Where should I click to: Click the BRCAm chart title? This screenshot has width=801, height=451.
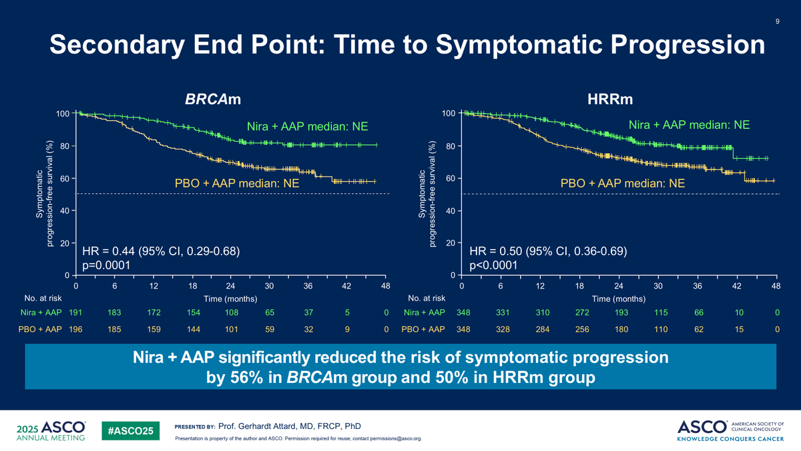(213, 99)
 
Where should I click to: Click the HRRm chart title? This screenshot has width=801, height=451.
(610, 99)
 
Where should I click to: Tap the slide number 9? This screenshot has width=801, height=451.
(778, 21)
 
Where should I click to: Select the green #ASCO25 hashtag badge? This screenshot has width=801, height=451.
(131, 430)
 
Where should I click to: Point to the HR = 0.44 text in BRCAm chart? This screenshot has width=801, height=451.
(108, 251)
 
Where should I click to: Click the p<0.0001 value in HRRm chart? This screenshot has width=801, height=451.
(493, 265)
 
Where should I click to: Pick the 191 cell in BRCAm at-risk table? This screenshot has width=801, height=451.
(75, 313)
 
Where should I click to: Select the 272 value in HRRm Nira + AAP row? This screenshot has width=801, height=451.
(582, 313)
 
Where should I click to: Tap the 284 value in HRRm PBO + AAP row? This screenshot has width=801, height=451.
(543, 329)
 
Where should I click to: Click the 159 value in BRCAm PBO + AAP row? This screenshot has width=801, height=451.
(154, 329)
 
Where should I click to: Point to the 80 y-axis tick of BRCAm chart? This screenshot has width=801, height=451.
(65, 146)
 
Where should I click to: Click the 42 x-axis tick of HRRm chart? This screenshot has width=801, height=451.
(737, 286)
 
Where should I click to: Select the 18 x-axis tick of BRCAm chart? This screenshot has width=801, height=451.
(192, 286)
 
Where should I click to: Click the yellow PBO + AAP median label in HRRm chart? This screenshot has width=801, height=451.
(623, 183)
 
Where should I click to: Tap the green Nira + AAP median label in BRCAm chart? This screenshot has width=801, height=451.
(307, 126)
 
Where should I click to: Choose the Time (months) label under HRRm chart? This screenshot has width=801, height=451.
(619, 299)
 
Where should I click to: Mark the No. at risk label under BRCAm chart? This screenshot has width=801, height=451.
(43, 298)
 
